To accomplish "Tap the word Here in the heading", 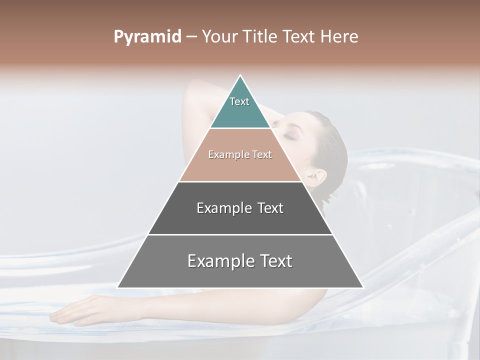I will pyautogui.click(x=339, y=37).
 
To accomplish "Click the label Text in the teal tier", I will pyautogui.click(x=239, y=101).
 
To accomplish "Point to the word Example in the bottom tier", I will pyautogui.click(x=218, y=261).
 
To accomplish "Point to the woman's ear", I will pyautogui.click(x=317, y=177).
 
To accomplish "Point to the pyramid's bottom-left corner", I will pyautogui.click(x=117, y=287).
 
